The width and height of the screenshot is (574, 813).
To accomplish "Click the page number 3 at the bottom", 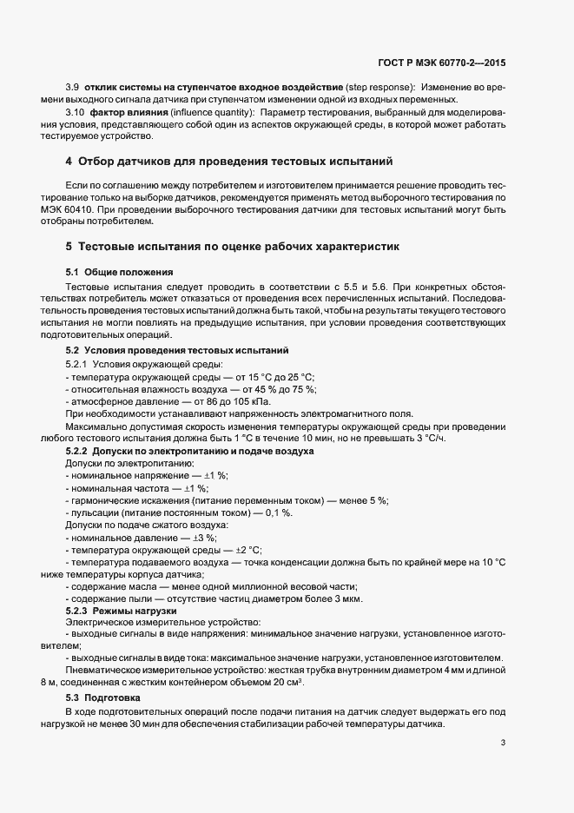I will pos(503,743).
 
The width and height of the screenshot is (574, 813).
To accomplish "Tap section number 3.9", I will pos(73,88).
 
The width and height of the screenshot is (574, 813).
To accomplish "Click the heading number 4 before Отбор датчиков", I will pos(69,162).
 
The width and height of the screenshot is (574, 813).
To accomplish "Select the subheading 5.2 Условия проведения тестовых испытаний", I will pos(177,350).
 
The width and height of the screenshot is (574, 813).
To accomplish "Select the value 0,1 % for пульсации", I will pos(277,512).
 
